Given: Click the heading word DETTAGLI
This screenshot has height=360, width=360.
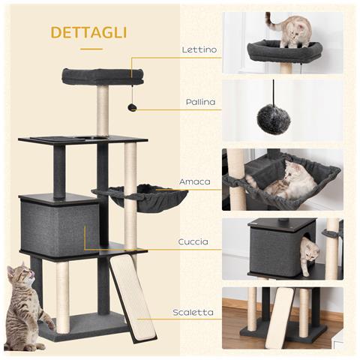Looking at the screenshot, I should coord(88,32).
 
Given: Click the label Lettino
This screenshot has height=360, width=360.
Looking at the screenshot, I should coord(199,50).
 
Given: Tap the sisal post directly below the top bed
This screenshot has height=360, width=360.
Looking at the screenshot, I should coord(102,110).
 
